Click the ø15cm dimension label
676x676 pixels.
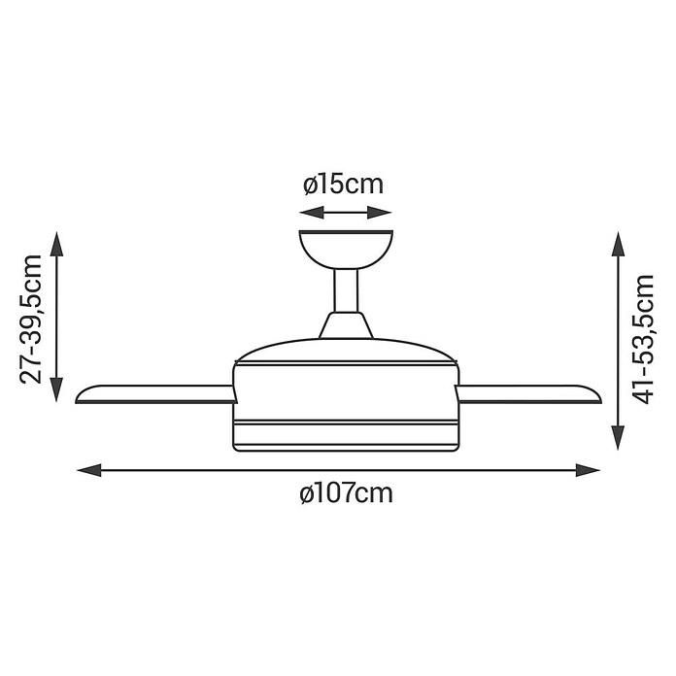[343, 185]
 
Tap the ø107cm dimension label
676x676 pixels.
[346, 492]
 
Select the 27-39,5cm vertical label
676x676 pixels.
[31, 319]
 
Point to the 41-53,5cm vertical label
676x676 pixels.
[642, 339]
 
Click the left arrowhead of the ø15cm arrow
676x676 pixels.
[311, 213]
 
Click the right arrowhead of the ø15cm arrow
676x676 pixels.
[380, 213]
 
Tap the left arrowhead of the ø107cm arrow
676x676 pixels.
[89, 470]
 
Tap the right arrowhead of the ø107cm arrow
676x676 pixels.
[588, 470]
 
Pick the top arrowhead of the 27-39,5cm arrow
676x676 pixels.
[56, 244]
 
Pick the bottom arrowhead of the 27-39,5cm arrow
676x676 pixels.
[56, 389]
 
